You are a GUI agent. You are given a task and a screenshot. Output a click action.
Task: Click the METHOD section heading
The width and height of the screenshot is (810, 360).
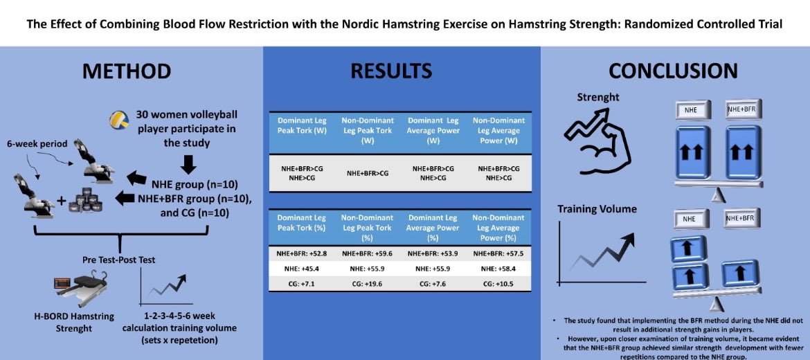tap(127, 71)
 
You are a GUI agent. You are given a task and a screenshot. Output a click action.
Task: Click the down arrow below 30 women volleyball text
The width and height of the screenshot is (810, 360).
tap(188, 163)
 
